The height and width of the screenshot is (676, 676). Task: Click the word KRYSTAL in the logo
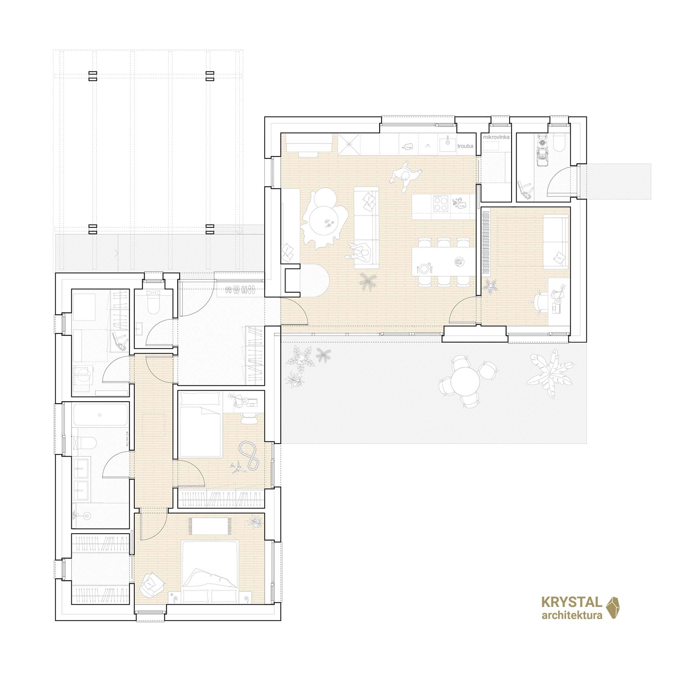point(572,613)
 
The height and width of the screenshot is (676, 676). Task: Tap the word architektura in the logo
point(572,626)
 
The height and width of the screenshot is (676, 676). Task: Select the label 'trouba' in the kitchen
point(465,145)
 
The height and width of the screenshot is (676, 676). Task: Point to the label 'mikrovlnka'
point(496,137)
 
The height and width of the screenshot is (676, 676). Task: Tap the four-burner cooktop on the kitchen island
point(441,203)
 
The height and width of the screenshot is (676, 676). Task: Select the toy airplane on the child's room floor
point(238,467)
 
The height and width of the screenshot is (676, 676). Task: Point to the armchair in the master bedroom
point(152,586)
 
